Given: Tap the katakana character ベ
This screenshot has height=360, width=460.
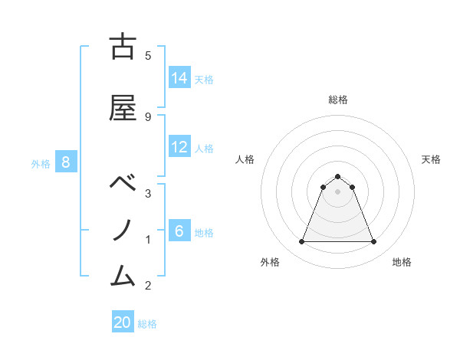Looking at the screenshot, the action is pos(123,183).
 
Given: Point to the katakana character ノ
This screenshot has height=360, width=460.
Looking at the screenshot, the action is pos(123,230).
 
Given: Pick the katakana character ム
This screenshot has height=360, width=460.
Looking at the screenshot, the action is pos(123,273).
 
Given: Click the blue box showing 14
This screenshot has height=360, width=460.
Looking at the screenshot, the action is pos(179,77).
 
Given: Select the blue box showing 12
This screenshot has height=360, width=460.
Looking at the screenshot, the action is pos(179,148).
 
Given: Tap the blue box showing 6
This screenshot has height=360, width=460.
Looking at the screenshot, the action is pos(179,231).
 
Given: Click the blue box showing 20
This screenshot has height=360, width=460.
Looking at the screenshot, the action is pos(123,322).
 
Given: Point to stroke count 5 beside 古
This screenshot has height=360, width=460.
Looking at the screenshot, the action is pos(148,55).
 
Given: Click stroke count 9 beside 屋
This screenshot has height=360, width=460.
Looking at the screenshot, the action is pos(148,116).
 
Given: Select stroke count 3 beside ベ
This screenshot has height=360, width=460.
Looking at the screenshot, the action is pos(148,195).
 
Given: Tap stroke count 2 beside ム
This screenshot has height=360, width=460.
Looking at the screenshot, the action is pos(148,286).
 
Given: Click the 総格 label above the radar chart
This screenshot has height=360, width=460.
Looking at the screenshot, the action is pos(338,100).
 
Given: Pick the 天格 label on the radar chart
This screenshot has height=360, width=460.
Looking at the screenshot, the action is pos(432,159).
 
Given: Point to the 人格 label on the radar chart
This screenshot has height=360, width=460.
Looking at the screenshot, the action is pos(245,159).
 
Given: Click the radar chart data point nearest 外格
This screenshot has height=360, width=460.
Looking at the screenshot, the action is pos(301,242).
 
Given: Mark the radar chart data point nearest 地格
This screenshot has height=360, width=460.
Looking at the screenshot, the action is pos(374,242).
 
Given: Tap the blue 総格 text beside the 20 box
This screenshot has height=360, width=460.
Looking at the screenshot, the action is pos(147,324).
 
